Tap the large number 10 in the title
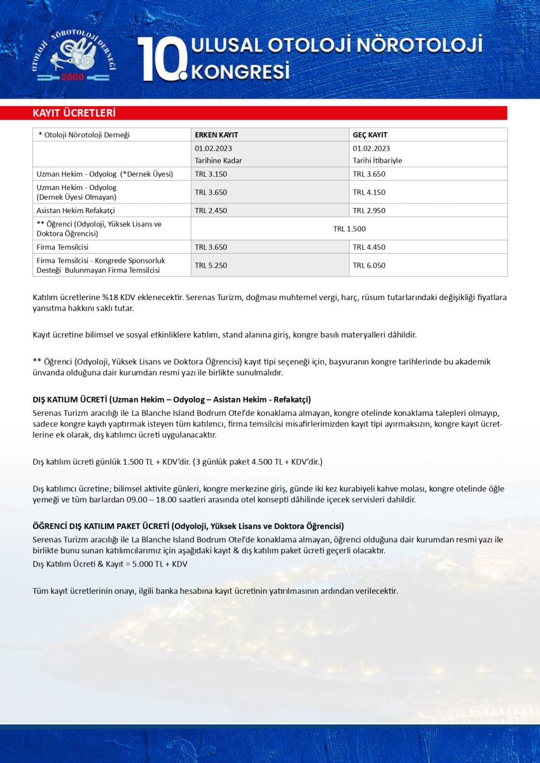click(x=162, y=59)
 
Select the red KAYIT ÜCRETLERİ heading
click(x=74, y=113)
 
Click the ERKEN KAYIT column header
click(x=216, y=135)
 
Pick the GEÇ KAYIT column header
click(x=370, y=135)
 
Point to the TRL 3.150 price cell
click(x=211, y=174)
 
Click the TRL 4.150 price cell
click(x=369, y=192)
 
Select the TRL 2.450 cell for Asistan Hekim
click(x=211, y=210)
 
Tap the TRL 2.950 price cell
click(x=369, y=210)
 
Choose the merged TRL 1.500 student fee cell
click(x=349, y=229)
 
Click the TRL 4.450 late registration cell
click(x=369, y=247)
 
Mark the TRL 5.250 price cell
click(x=211, y=265)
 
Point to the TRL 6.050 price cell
click(x=369, y=265)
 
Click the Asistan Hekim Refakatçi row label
click(x=76, y=210)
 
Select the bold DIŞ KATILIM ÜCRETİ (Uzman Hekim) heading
click(x=172, y=399)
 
